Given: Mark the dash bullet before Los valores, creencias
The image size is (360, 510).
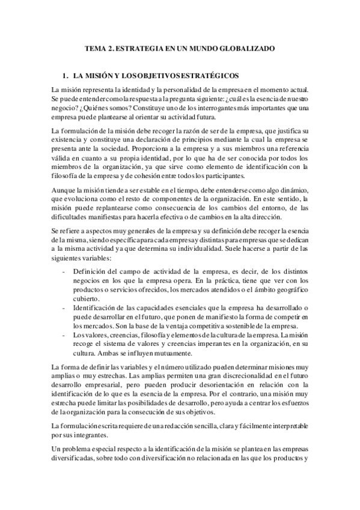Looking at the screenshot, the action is coord(64,335).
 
